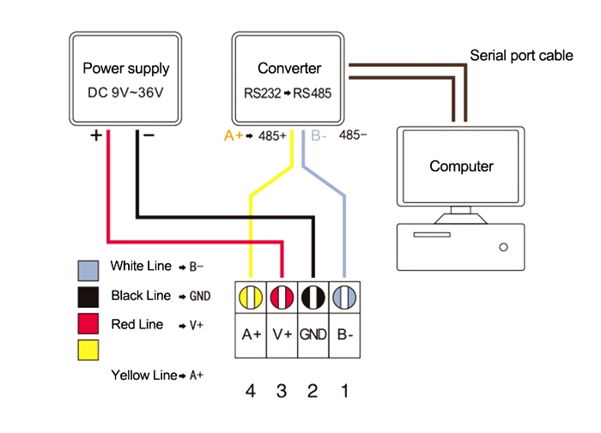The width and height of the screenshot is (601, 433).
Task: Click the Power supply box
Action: (x=125, y=79)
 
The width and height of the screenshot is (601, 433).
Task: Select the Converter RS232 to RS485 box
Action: (x=289, y=79)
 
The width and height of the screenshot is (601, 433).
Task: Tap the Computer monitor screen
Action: (x=461, y=166)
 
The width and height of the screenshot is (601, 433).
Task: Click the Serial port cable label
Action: (x=521, y=56)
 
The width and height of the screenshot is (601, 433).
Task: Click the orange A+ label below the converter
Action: (x=233, y=135)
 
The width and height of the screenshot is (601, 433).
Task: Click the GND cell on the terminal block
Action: (x=313, y=334)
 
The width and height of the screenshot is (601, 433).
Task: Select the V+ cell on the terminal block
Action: (x=282, y=334)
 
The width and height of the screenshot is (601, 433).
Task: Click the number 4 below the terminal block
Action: (x=251, y=391)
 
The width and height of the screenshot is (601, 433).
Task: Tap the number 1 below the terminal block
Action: (x=344, y=391)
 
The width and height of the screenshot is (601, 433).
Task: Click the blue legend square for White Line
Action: (x=88, y=269)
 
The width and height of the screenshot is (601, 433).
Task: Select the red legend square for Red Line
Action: (x=88, y=324)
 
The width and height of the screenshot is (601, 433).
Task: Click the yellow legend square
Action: (x=88, y=350)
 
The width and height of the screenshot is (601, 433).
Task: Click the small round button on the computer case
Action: (x=503, y=248)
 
